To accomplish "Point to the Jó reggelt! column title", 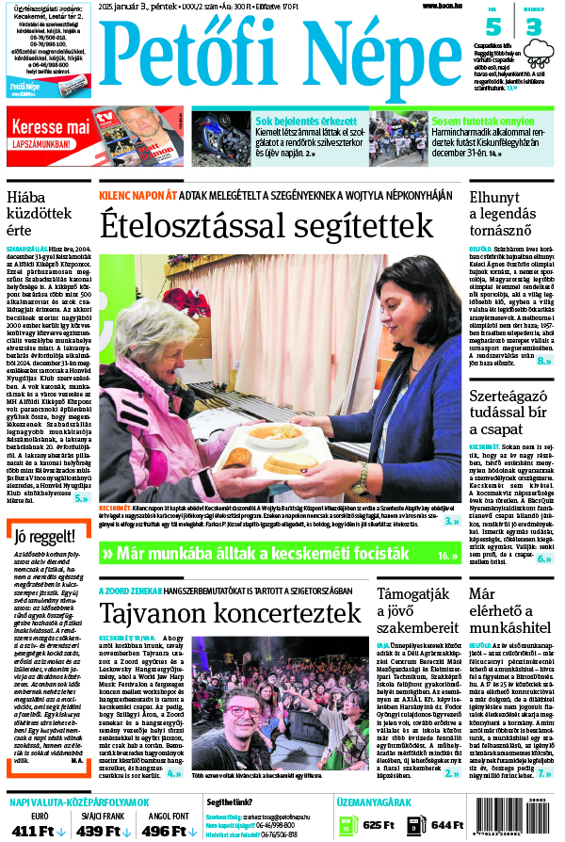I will click(40, 538).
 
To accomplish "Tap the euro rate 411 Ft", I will click(37, 830).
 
